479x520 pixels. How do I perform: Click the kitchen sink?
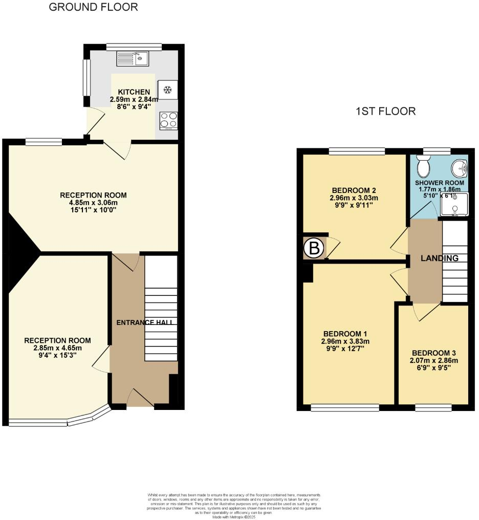[x=133, y=59]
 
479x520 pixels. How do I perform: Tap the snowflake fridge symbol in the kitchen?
[x=167, y=90]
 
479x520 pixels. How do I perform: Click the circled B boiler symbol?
[x=314, y=249]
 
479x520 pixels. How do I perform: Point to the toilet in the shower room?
[x=423, y=165]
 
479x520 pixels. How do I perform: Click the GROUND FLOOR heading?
[x=93, y=7]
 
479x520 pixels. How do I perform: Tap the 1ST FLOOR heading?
[x=385, y=111]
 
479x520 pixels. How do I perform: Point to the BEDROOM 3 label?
[x=433, y=353]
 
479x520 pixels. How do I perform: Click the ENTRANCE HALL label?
[x=144, y=322]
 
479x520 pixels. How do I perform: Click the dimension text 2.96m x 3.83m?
[x=345, y=342]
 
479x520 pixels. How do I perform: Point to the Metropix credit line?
[x=233, y=517]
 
